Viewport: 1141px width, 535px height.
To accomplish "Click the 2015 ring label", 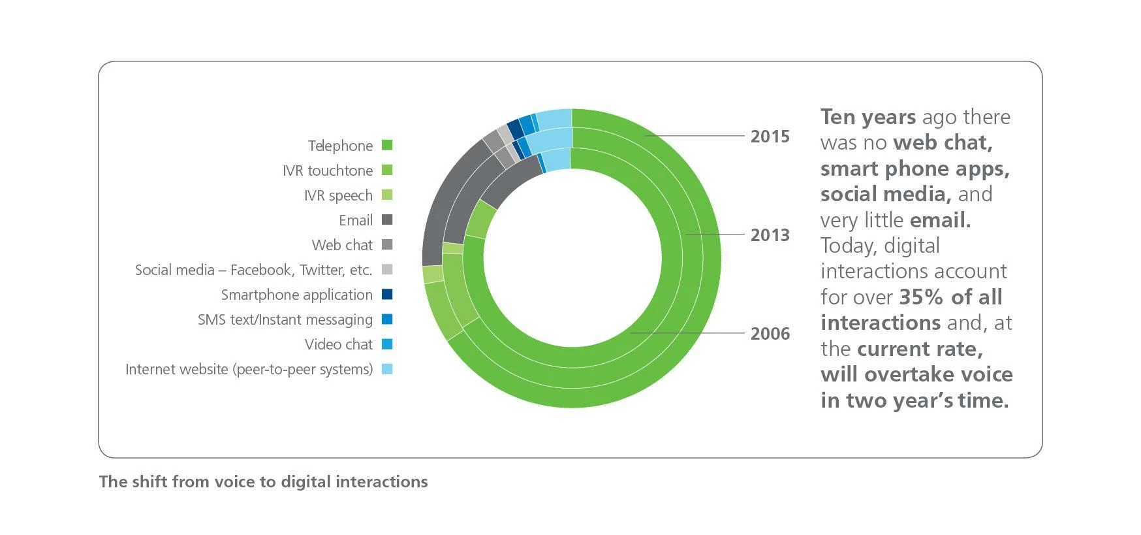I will click(770, 137).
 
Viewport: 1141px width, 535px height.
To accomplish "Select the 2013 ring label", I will click(770, 235).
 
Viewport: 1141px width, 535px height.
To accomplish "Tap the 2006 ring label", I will click(770, 334).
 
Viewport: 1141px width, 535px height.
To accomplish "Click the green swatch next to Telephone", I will click(387, 145).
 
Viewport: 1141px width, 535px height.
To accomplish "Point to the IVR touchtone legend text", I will click(328, 170).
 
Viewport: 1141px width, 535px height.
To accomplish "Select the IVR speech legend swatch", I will click(387, 195).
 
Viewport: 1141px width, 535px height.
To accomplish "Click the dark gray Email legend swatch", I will click(387, 219).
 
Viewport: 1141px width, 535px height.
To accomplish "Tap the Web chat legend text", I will click(342, 245).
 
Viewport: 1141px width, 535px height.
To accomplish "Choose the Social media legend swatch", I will click(387, 269).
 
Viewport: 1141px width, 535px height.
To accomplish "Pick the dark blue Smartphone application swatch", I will click(387, 294).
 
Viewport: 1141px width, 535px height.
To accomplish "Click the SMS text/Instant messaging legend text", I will click(285, 319).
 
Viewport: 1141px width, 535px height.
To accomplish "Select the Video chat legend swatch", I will click(387, 344).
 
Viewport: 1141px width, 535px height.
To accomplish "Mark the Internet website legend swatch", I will click(387, 368).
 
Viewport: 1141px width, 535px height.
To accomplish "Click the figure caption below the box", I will click(263, 481).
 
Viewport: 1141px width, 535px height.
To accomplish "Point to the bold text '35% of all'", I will click(950, 297).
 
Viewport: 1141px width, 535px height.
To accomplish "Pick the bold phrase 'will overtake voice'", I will click(916, 374).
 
